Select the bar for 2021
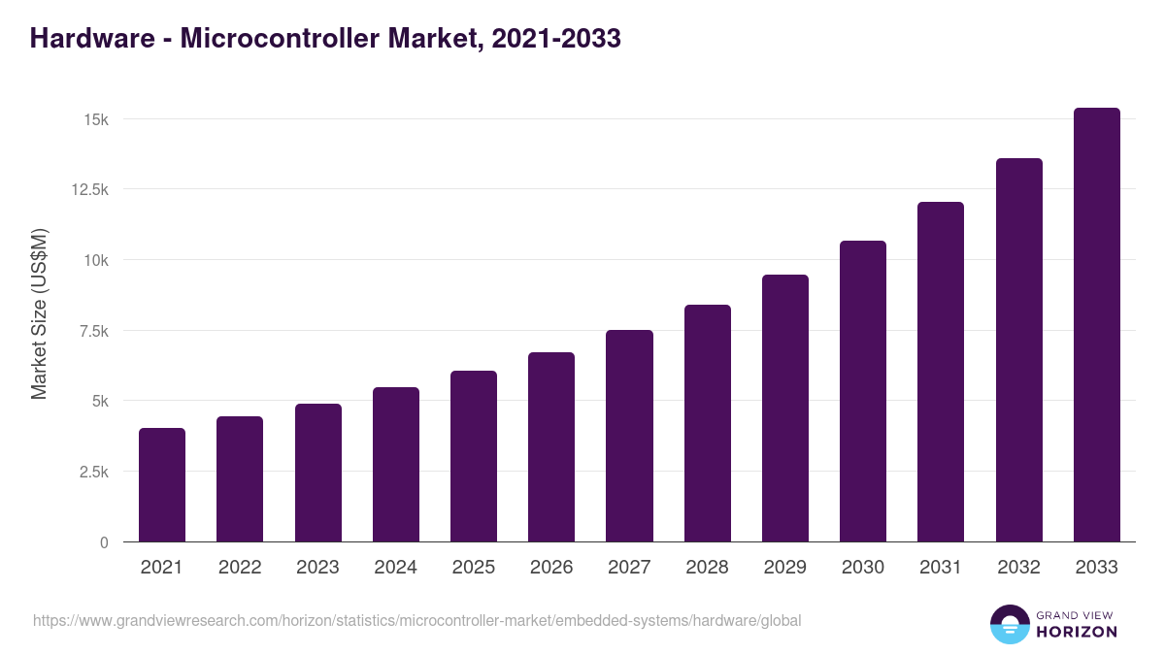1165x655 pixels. pyautogui.click(x=162, y=484)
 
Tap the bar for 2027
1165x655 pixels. pyautogui.click(x=629, y=436)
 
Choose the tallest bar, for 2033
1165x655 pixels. pyautogui.click(x=1096, y=324)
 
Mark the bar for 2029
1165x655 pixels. pyautogui.click(x=785, y=408)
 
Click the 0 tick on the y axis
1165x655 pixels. pyautogui.click(x=104, y=542)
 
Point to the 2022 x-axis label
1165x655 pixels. pyautogui.click(x=240, y=568)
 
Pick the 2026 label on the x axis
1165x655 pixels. pyautogui.click(x=551, y=568)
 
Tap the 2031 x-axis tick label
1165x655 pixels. pyautogui.click(x=941, y=568)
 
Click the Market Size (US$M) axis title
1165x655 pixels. pyautogui.click(x=40, y=314)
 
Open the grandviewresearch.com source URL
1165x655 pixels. pyautogui.click(x=417, y=620)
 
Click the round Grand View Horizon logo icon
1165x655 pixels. pyautogui.click(x=1010, y=624)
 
